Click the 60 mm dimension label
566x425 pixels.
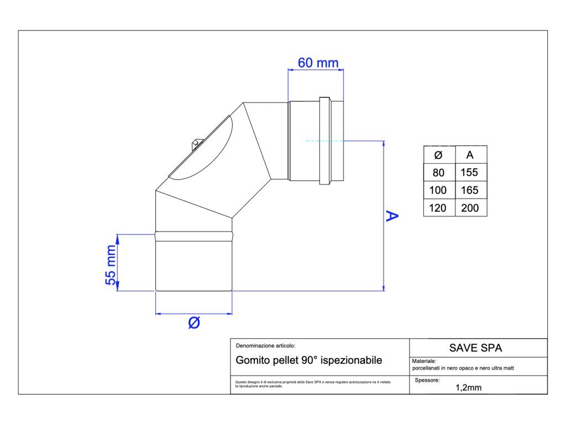(x=318, y=63)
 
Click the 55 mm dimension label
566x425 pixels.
(x=112, y=265)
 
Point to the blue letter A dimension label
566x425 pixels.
(x=392, y=216)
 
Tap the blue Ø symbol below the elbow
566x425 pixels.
(x=194, y=323)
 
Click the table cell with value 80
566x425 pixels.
(x=438, y=173)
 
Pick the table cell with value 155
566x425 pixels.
(x=470, y=173)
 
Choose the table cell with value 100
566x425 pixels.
(x=438, y=190)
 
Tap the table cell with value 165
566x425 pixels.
(x=470, y=190)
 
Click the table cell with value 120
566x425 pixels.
(x=438, y=208)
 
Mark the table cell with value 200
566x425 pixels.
(x=470, y=208)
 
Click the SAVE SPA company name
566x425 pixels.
(x=475, y=348)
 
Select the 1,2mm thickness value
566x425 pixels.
(x=468, y=387)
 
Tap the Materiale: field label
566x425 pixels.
(x=424, y=361)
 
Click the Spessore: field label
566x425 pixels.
(x=427, y=380)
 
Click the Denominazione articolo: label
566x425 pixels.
(x=261, y=345)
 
